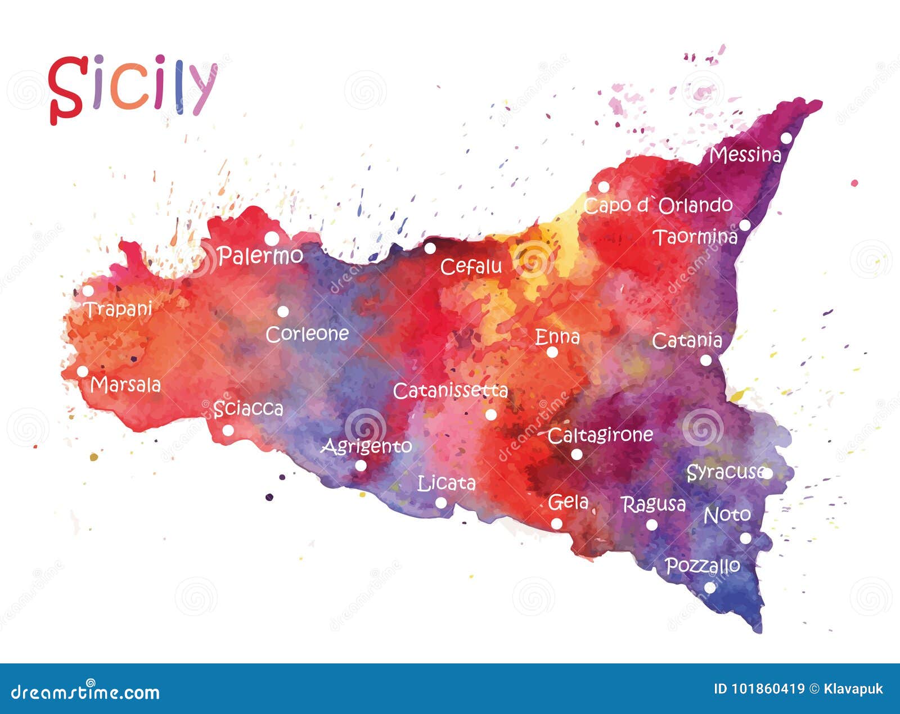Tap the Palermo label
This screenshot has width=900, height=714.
(260, 256)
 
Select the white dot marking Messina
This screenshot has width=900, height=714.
(786, 138)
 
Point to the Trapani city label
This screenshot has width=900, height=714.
(118, 309)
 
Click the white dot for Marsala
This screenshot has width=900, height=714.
(83, 372)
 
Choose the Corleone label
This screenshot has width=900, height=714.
(307, 334)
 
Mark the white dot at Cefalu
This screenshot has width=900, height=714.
(430, 248)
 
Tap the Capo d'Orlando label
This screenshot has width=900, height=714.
(658, 205)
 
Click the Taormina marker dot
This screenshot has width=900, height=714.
(745, 225)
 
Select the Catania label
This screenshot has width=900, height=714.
(687, 341)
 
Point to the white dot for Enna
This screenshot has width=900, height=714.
(552, 353)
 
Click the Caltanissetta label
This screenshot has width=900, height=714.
(450, 391)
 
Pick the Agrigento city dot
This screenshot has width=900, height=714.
(361, 466)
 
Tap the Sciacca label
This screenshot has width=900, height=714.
(248, 409)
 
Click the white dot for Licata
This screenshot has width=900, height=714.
(441, 503)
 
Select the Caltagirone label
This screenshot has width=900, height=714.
(600, 435)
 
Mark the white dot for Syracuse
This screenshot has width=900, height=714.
(767, 473)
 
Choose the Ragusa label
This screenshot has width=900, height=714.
(654, 504)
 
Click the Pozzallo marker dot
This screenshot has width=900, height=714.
(710, 588)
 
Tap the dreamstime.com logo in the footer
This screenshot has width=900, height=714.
(85, 691)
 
